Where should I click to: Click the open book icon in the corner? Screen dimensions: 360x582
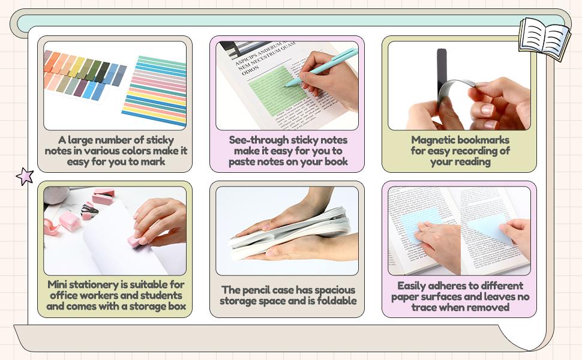coord(544,38)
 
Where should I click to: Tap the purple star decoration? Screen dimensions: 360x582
coord(25,176)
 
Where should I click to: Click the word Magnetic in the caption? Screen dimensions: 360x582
coord(433,140)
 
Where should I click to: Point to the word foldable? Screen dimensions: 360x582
coord(333,301)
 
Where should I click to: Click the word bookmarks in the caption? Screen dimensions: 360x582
coord(485,140)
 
